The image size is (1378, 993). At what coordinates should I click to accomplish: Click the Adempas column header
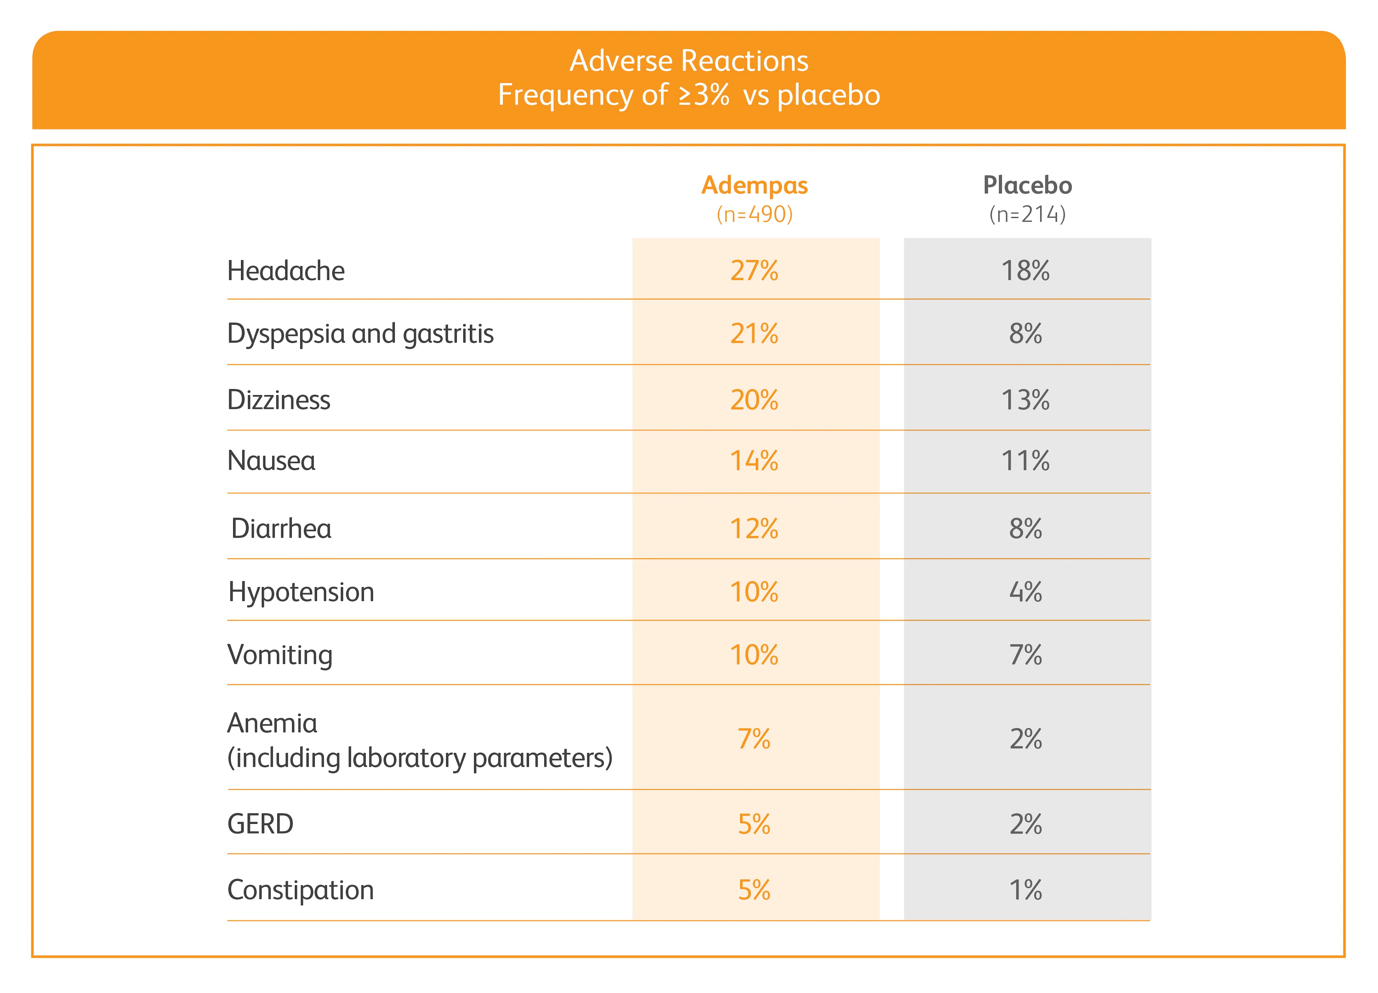pyautogui.click(x=755, y=185)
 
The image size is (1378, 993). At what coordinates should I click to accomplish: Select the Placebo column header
pyautogui.click(x=1027, y=185)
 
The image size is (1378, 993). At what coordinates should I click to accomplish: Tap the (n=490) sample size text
pyautogui.click(x=755, y=214)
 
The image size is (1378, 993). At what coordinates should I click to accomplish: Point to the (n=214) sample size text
pyautogui.click(x=1027, y=214)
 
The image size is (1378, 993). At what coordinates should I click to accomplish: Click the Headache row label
pyautogui.click(x=286, y=271)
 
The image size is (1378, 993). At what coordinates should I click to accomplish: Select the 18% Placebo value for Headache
pyautogui.click(x=1026, y=271)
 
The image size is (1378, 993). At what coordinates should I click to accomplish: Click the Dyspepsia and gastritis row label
pyautogui.click(x=360, y=334)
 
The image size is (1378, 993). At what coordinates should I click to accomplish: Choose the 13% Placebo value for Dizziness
pyautogui.click(x=1026, y=400)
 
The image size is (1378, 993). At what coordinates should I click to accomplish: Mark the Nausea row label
pyautogui.click(x=271, y=461)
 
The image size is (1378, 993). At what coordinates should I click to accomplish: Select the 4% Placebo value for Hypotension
pyautogui.click(x=1026, y=592)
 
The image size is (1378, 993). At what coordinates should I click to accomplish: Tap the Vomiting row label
pyautogui.click(x=280, y=655)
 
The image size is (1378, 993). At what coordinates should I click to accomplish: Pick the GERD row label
pyautogui.click(x=260, y=825)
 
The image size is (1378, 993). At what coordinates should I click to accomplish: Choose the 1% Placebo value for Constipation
pyautogui.click(x=1026, y=890)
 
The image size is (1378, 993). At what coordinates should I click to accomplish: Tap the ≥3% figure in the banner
pyautogui.click(x=704, y=95)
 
